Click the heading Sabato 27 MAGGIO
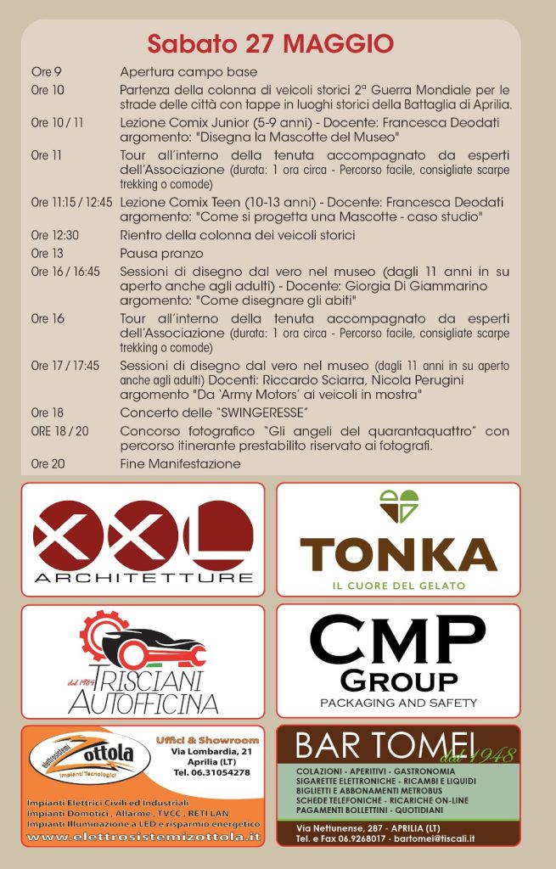tap(271, 43)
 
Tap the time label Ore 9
tap(46, 72)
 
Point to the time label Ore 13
tap(47, 253)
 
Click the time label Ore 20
tap(48, 464)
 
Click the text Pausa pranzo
tap(162, 253)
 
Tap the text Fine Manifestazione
tap(180, 464)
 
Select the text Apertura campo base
tap(188, 72)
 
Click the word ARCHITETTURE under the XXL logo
tap(143, 578)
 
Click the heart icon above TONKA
tap(398, 507)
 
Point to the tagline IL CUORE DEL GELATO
tap(398, 586)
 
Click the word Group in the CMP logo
tap(398, 680)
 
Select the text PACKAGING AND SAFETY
tap(398, 703)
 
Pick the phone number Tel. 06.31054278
tap(211, 772)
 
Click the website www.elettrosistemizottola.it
tap(143, 837)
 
